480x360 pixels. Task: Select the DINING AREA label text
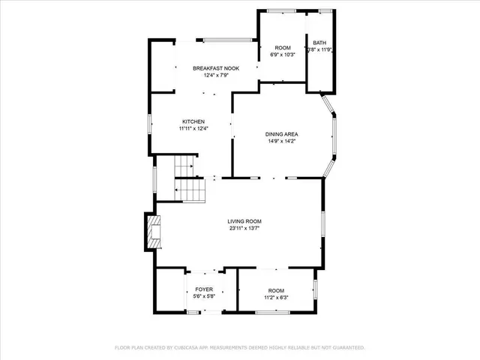(x=281, y=134)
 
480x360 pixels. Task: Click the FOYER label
(x=204, y=289)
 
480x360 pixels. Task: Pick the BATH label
(x=319, y=43)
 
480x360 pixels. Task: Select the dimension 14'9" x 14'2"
(x=281, y=142)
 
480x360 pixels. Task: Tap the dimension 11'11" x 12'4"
(x=193, y=128)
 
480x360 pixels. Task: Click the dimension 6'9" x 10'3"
(x=283, y=55)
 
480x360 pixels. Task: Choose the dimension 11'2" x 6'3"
(x=277, y=297)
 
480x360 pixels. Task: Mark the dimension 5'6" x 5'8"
(x=204, y=297)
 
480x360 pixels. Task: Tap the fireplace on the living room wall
(x=153, y=233)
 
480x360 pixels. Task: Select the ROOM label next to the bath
(x=283, y=47)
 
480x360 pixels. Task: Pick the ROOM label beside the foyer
(x=277, y=289)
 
